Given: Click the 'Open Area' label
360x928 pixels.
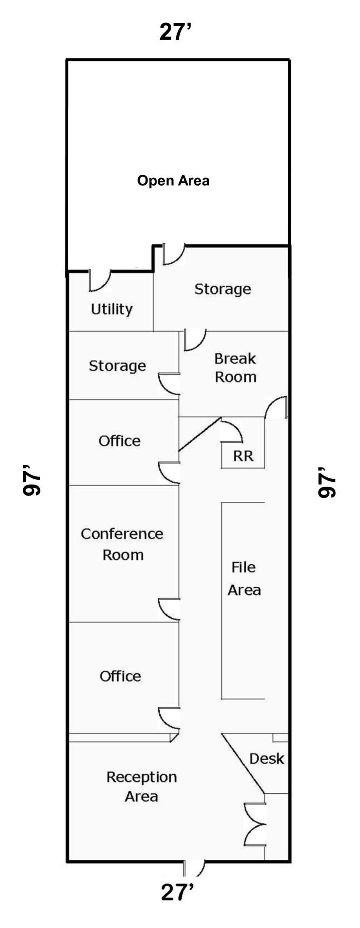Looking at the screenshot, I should pos(173,181).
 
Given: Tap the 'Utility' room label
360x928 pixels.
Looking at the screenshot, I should pos(112,309).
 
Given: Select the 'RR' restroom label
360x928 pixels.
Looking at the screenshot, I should pos(243,456).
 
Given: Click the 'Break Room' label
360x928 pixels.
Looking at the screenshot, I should pos(235,368).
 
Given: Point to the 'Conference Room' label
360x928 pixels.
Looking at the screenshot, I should pos(122,544).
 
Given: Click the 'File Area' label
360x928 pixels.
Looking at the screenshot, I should pos(244,579).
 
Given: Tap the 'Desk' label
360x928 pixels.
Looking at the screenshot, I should pos(266,758).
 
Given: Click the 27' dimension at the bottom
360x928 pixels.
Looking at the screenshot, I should pos(177,893).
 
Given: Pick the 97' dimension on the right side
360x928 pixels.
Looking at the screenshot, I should pos(327,482).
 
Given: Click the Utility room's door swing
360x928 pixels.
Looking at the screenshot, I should pos(99,281).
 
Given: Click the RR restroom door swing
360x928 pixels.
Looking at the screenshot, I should pos(232,431).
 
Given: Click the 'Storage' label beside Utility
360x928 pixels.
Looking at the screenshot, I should pos(222,289).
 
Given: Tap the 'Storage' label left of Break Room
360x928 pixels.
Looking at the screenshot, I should pos(117,366).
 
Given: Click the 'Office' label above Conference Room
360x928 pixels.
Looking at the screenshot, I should pos(119,441).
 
